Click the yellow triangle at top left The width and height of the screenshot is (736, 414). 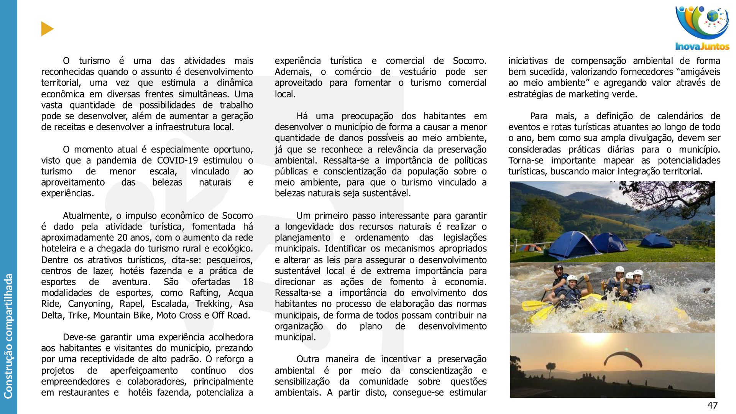pyautogui.click(x=47, y=29)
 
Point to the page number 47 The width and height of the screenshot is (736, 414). pyautogui.click(x=712, y=405)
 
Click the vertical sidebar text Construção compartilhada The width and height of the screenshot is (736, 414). pyautogui.click(x=8, y=335)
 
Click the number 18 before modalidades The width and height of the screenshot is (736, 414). pyautogui.click(x=248, y=282)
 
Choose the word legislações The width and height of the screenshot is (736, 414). pyautogui.click(x=465, y=238)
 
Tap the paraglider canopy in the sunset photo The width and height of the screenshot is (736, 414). pyautogui.click(x=623, y=359)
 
